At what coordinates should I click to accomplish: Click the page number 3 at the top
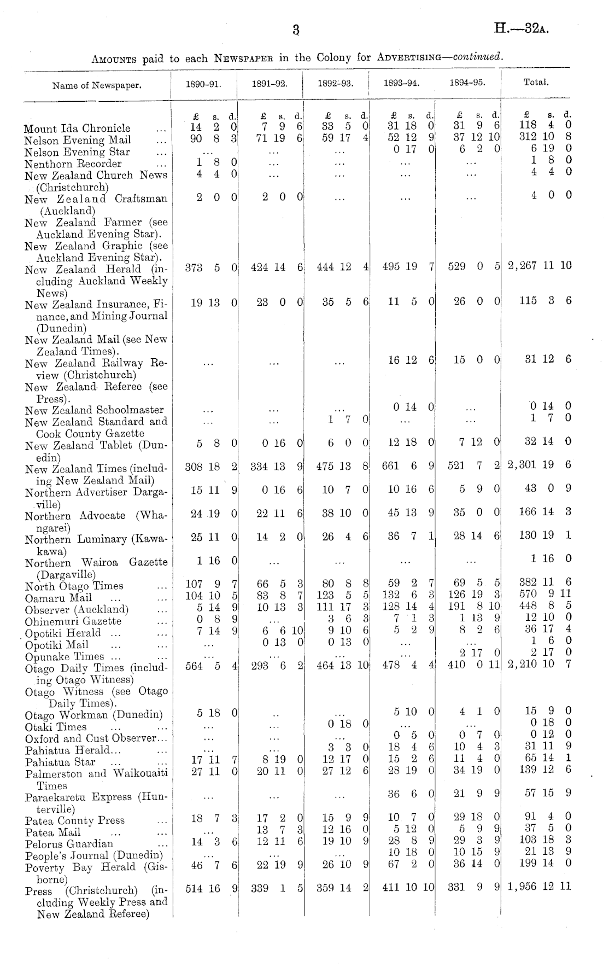tap(296, 30)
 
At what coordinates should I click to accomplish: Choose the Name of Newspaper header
tap(97, 85)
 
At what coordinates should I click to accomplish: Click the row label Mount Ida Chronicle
tap(77, 129)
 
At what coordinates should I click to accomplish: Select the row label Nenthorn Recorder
tap(73, 164)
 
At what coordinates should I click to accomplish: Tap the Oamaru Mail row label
tap(58, 598)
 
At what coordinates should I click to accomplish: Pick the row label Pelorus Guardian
tap(69, 844)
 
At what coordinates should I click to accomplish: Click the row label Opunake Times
tap(65, 657)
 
